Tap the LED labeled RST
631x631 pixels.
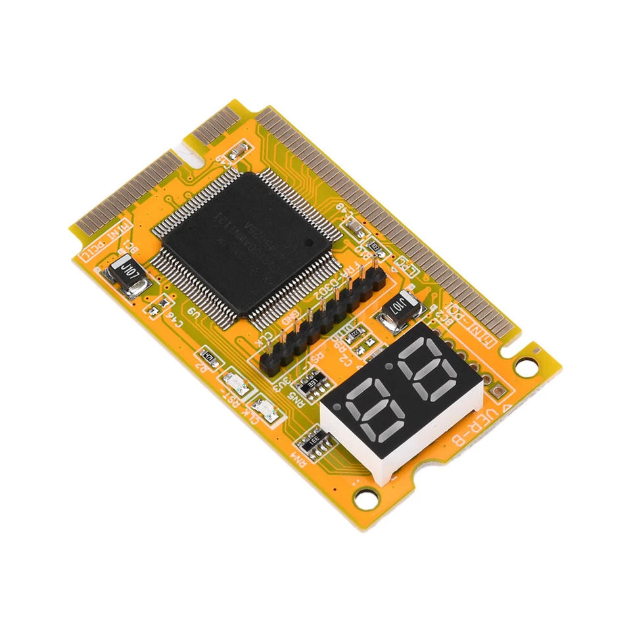pyautogui.click(x=236, y=384)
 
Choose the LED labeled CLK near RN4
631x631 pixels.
pyautogui.click(x=268, y=411)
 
